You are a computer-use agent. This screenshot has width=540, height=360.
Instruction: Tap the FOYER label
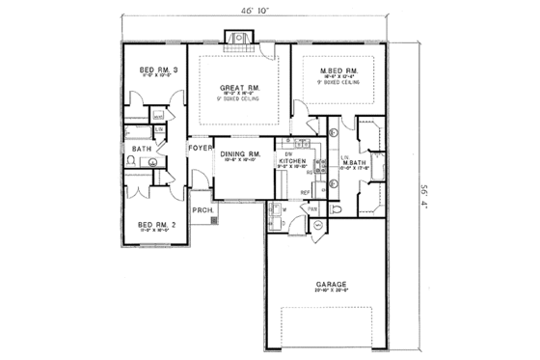pos(200,149)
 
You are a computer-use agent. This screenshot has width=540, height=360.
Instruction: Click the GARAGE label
pos(329,286)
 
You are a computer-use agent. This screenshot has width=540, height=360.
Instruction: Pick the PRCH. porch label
pos(202,210)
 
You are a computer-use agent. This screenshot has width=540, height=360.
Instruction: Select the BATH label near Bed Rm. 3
pos(142,149)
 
